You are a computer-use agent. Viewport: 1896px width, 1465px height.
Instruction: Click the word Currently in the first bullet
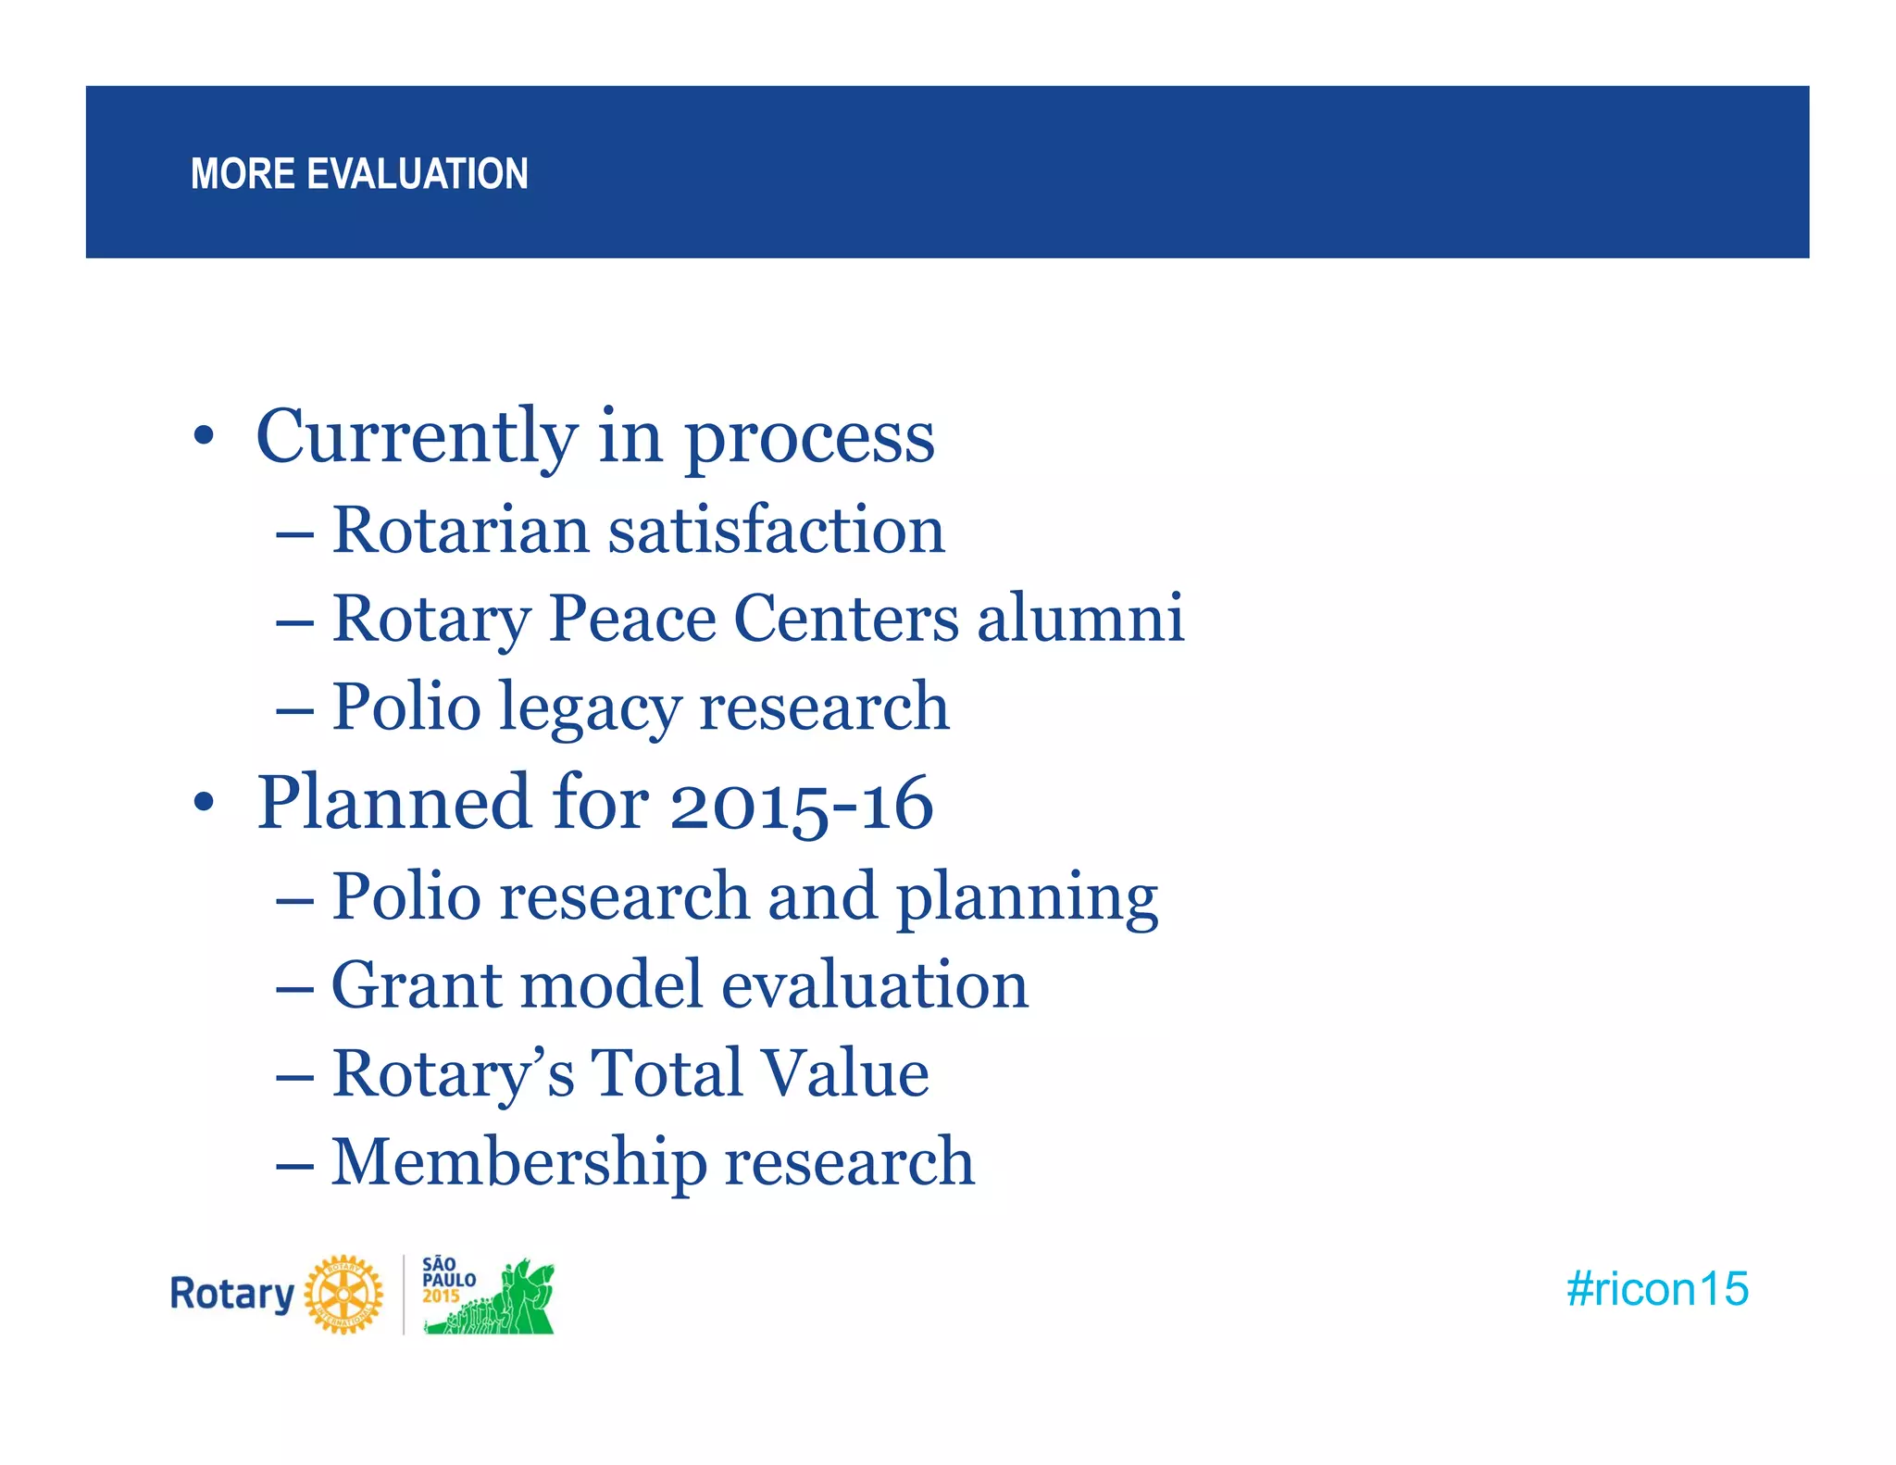tap(417, 437)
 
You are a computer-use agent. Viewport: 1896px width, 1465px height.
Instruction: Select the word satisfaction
tap(776, 531)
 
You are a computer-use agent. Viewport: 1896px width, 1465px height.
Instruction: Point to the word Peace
tap(632, 619)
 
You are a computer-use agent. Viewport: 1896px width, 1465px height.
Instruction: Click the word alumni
tap(1080, 619)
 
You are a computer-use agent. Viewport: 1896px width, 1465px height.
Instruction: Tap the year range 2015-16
tap(801, 804)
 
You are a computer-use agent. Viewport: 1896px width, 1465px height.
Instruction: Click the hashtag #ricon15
tap(1657, 1289)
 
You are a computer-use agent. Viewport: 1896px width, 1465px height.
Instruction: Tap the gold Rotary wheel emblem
tap(343, 1295)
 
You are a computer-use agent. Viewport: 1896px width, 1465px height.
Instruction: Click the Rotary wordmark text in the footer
tap(231, 1294)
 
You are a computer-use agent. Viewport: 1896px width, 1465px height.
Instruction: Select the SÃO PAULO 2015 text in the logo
tap(447, 1280)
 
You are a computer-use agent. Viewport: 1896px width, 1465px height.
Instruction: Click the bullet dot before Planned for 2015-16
tap(204, 803)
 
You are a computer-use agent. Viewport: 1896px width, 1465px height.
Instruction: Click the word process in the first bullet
tap(809, 437)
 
